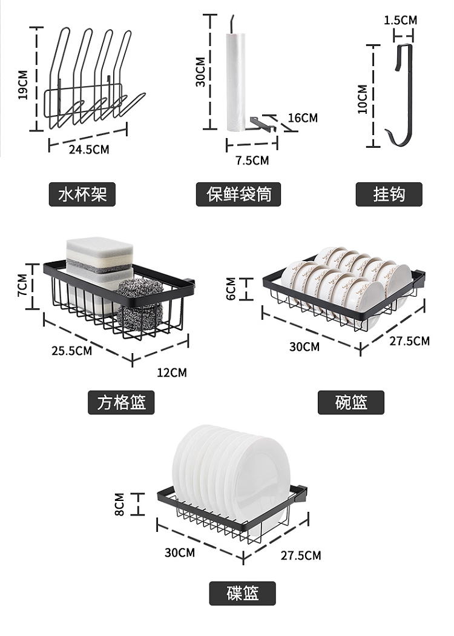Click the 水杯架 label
(82, 194)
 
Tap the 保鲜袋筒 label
(239, 194)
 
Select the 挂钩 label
(389, 194)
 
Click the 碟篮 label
(243, 593)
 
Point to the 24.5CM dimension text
(89, 149)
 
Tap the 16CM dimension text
(303, 118)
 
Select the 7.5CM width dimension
(252, 161)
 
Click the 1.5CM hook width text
(400, 20)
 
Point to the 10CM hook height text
(362, 99)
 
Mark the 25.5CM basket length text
(72, 350)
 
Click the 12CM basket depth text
(172, 372)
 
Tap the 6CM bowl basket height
(231, 289)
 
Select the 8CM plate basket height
(119, 504)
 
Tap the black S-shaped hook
(400, 97)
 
